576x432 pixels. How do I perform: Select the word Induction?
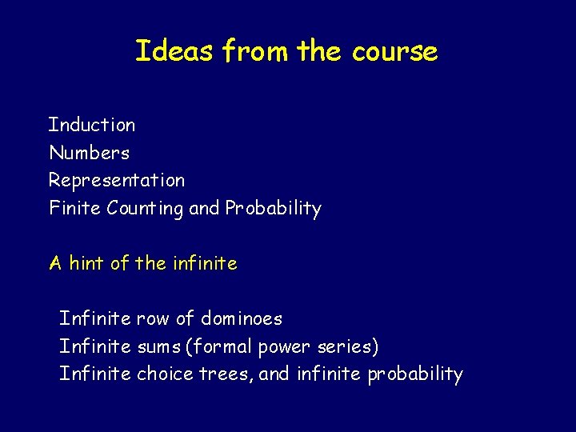click(92, 125)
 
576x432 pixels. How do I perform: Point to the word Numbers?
click(89, 153)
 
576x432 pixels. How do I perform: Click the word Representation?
click(117, 181)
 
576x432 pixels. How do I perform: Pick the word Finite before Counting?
click(75, 209)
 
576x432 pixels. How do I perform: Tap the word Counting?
click(146, 209)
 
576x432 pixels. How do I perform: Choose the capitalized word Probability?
click(273, 209)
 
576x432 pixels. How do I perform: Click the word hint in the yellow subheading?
click(88, 263)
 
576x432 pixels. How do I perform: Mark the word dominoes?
click(242, 319)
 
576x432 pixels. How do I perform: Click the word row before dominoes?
click(153, 319)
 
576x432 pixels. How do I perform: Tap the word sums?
click(159, 347)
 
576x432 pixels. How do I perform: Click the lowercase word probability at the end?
click(415, 374)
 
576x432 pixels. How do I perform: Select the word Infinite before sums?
click(95, 347)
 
